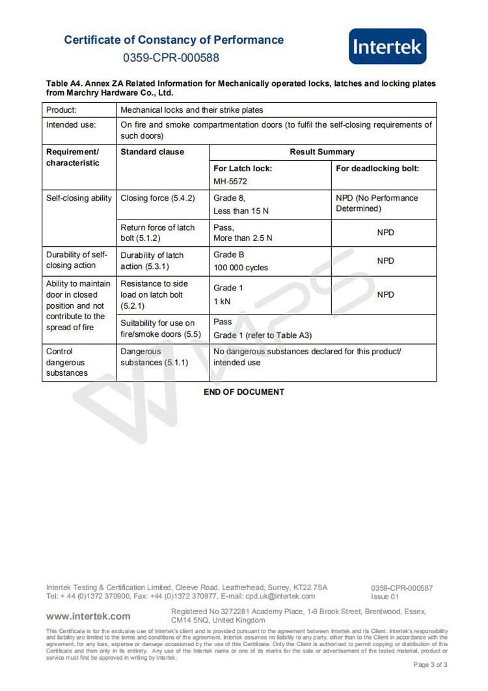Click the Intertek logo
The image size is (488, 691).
click(388, 46)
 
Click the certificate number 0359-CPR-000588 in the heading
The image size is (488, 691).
click(170, 58)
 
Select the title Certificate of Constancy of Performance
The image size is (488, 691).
click(174, 40)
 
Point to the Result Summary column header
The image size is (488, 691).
click(322, 152)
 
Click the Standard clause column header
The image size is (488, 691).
click(152, 152)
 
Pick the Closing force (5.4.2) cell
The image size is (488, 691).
click(157, 198)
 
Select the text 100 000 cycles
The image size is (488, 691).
click(240, 268)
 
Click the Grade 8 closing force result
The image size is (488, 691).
click(229, 198)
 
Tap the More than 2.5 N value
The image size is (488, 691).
click(243, 238)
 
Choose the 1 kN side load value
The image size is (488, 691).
click(222, 302)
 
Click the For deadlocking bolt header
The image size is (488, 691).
click(377, 168)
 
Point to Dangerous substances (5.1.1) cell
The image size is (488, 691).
click(154, 357)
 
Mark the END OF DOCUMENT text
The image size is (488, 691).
click(244, 392)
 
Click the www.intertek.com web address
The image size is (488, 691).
click(88, 615)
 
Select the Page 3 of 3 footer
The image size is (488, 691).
click(430, 664)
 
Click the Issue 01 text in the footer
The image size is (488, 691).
click(385, 597)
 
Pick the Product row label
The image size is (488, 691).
click(61, 110)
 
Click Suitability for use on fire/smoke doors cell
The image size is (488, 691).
click(157, 328)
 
